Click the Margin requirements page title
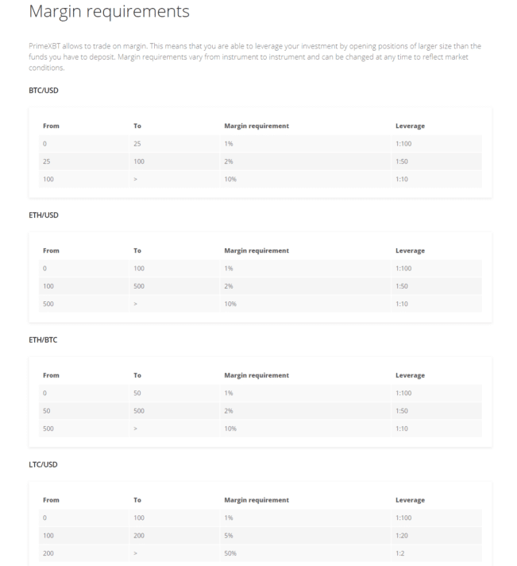tap(109, 12)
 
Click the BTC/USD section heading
tap(43, 91)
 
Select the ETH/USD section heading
tap(43, 215)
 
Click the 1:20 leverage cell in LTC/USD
tap(403, 535)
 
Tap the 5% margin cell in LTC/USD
tap(230, 535)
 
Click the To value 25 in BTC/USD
tap(138, 144)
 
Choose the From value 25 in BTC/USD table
tap(47, 161)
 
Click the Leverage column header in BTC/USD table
tap(410, 126)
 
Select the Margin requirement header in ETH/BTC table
tap(257, 375)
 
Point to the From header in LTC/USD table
tap(51, 500)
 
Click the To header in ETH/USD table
tap(138, 251)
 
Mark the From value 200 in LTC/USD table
tap(49, 552)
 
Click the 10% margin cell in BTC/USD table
tap(231, 179)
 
